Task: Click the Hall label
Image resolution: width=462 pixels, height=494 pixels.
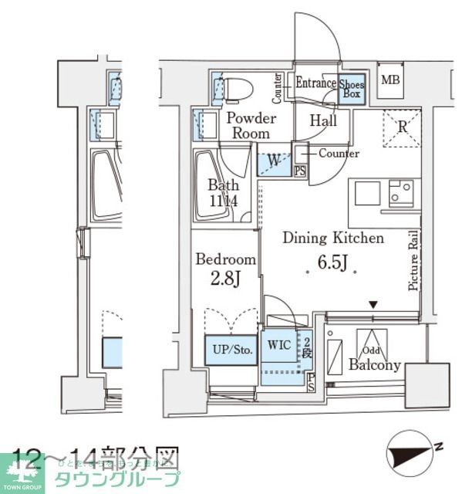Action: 323,120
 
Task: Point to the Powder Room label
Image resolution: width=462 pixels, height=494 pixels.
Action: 251,125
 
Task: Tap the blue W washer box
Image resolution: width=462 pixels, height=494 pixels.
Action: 274,161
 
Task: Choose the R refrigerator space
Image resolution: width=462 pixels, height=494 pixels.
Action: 402,129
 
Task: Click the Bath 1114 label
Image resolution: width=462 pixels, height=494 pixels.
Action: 223,193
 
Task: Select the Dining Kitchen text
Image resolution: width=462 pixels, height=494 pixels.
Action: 332,238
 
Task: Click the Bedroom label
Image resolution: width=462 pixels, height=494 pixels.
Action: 225,259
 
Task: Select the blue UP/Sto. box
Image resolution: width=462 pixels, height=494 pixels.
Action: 232,350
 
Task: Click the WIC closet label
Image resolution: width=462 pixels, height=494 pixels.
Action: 279,345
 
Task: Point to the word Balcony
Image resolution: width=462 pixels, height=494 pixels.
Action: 374,365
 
